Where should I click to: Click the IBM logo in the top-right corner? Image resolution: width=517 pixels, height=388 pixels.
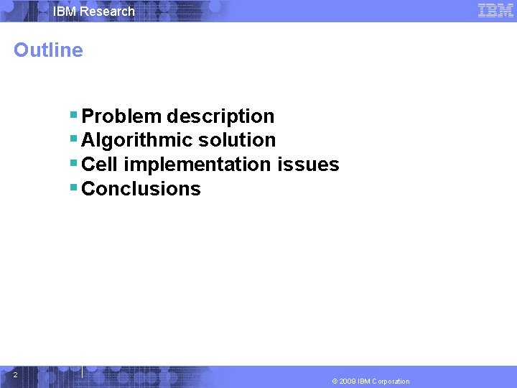click(x=495, y=11)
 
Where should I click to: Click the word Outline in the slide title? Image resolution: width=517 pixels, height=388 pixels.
click(x=48, y=50)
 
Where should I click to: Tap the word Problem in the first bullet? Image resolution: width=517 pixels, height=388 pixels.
click(x=121, y=116)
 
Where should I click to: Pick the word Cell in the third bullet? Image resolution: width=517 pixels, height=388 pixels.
click(x=100, y=165)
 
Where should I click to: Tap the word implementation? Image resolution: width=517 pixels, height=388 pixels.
click(x=197, y=165)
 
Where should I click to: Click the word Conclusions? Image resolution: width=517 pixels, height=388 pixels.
click(x=141, y=189)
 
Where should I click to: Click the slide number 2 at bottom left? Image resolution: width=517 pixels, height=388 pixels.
click(x=15, y=374)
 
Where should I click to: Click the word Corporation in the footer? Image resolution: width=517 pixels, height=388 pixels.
click(x=391, y=382)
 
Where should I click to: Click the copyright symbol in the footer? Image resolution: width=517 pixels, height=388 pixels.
click(x=335, y=382)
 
